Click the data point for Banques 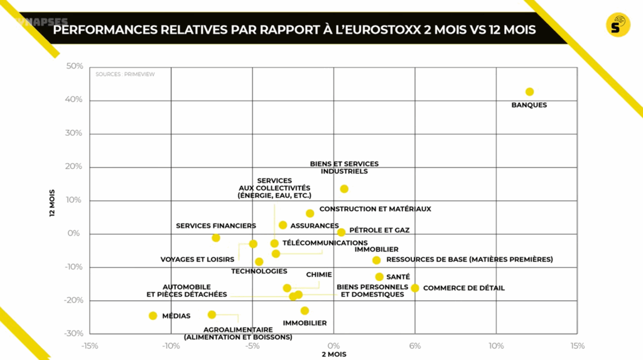coord(529,92)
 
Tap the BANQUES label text coord(529,105)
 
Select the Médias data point coord(153,315)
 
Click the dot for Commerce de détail coord(415,288)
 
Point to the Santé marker coord(379,276)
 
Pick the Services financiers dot coord(216,237)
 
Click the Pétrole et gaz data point coord(341,232)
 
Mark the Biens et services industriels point coord(344,188)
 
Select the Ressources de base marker coord(376,260)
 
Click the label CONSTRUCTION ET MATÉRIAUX coord(375,209)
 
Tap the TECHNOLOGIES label coord(259,271)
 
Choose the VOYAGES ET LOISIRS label coord(197,259)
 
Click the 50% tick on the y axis coord(75,67)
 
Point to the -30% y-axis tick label coord(73,333)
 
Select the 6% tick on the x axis coord(415,346)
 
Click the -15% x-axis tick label coord(90,346)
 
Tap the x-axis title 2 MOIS coord(333,354)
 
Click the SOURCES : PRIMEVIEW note coord(125,74)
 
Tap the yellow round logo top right coord(618,25)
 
